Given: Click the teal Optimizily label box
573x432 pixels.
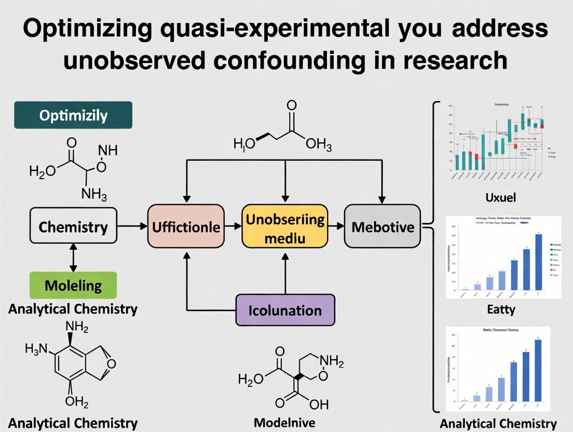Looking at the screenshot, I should pos(73,115).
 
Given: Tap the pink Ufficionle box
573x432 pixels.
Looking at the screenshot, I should pos(186,226).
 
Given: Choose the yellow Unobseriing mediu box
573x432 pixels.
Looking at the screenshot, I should pos(285,226).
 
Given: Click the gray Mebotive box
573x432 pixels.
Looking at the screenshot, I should pos(383,226).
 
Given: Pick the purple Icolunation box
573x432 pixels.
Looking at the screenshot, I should pos(285,310).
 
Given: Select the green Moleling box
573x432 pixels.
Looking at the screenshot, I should pos(73,285).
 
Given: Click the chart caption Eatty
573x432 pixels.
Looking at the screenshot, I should pos(501,309).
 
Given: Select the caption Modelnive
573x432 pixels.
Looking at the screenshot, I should pos(284,422).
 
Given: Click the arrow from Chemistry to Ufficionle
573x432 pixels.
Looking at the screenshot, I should pos(132,226).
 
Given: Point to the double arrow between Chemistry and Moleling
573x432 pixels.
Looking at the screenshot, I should pos(73,258).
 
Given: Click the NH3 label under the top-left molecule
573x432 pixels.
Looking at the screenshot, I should pos(94,195).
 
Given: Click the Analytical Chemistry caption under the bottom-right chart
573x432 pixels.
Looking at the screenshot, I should pos(498,423).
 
